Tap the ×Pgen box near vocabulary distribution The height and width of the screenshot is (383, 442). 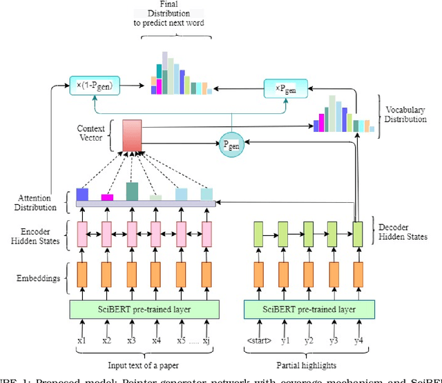[x=285, y=89]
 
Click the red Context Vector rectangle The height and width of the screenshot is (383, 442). [x=131, y=134]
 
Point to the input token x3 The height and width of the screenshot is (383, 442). [x=131, y=340]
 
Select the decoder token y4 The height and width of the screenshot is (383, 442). [x=357, y=340]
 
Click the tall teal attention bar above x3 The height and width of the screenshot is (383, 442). [x=131, y=191]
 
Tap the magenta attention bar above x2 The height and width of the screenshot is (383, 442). [x=107, y=197]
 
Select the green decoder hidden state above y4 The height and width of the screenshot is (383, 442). [x=357, y=233]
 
